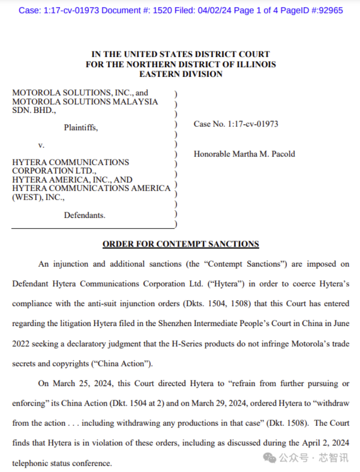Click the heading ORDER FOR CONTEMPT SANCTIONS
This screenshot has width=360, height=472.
[180, 244]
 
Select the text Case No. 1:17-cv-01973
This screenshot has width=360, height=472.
[236, 124]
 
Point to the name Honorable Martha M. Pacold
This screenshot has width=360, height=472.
[244, 154]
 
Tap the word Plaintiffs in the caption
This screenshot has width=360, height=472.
[81, 128]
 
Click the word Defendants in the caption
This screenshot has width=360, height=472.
[84, 215]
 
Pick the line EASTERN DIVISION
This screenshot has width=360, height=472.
[180, 74]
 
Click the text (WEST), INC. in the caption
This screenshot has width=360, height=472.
[38, 197]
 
